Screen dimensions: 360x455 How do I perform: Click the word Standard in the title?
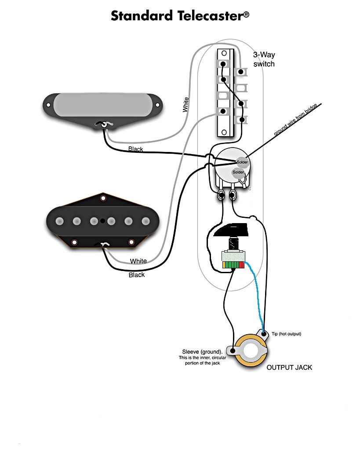pos(142,16)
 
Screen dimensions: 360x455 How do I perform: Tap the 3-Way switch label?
pos(264,59)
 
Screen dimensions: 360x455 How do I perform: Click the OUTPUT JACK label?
pos(289,367)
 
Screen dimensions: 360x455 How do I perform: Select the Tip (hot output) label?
pos(286,334)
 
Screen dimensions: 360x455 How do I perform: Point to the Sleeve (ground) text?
pos(202,352)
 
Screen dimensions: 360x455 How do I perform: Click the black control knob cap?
pos(231,230)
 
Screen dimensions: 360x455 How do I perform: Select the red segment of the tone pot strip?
pos(241,265)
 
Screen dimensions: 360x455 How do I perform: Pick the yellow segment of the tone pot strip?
pos(224,265)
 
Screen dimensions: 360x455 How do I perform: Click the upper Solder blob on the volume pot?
pos(242,162)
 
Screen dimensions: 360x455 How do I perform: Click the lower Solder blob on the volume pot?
pos(238,172)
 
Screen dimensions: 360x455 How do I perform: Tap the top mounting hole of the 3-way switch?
pos(224,54)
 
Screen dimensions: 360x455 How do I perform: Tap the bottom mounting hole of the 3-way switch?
pos(224,132)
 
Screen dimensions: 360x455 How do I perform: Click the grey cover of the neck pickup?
pos(103,105)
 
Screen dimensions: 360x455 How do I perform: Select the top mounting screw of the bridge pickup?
pos(103,198)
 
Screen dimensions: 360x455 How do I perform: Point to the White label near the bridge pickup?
pos(138,261)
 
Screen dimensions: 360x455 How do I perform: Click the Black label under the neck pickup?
pos(135,149)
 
